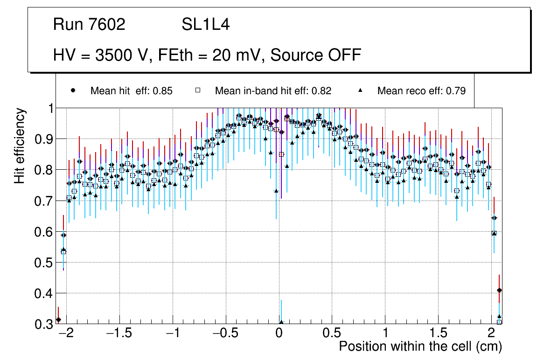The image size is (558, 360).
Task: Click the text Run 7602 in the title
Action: [89, 25]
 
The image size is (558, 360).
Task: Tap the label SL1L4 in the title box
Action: [205, 25]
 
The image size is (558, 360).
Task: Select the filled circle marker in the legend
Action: [73, 90]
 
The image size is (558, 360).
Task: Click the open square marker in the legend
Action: [198, 90]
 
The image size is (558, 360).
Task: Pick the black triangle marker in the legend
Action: [360, 90]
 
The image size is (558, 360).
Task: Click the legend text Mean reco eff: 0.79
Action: [421, 91]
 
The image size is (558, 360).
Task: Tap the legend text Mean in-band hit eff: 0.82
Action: [273, 91]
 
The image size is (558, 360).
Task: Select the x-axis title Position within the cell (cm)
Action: [420, 347]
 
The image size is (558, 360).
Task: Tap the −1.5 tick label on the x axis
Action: [121, 334]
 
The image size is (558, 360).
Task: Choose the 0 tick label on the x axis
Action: [279, 334]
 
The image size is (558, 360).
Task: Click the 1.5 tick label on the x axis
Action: [438, 334]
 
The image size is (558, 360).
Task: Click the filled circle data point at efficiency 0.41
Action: [500, 290]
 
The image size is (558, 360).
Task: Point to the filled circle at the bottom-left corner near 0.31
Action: [58, 320]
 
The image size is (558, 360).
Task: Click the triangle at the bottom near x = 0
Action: [281, 322]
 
